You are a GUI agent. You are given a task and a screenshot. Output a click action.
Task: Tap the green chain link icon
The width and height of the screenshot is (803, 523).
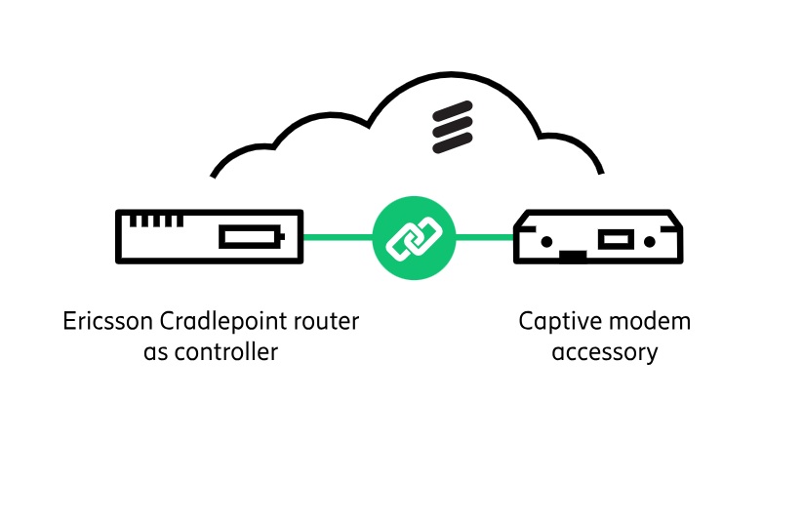[x=414, y=237]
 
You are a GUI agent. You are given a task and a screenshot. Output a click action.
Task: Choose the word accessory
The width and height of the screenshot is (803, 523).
[x=604, y=351]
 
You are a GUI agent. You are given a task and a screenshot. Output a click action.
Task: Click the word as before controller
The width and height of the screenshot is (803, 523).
[x=156, y=351]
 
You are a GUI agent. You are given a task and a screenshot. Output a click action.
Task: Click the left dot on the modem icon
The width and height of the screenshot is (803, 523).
[x=547, y=240]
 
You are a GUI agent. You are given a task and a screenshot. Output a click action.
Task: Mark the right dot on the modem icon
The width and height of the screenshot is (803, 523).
[x=650, y=240]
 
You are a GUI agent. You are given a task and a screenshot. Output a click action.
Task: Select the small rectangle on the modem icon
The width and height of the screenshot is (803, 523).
[x=615, y=239]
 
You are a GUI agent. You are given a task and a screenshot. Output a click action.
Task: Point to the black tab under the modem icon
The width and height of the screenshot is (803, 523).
[x=573, y=257]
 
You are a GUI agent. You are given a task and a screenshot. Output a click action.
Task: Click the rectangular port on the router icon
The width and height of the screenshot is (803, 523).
[x=251, y=237]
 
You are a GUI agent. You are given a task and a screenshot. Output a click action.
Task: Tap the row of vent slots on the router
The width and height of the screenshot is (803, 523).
[x=150, y=221]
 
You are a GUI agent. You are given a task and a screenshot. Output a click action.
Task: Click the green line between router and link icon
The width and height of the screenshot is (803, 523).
[x=338, y=237]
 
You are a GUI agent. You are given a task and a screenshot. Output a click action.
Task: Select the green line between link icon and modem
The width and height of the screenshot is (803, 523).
[x=484, y=237]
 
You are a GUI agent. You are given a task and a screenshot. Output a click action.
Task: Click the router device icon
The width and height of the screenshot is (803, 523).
[x=209, y=236]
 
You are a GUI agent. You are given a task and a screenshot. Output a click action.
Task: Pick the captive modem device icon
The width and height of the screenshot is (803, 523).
[x=598, y=236]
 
